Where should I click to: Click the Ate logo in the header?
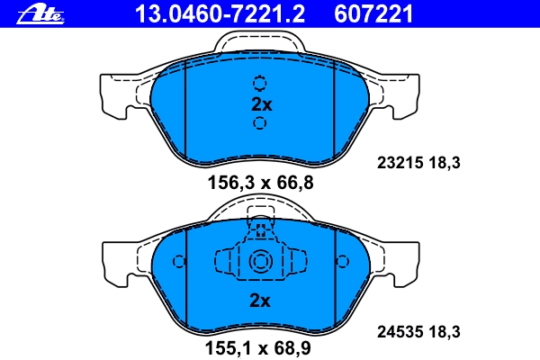tap(40, 14)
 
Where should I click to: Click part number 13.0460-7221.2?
tap(220, 13)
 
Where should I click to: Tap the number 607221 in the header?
tap(373, 13)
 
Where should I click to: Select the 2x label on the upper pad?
tap(261, 104)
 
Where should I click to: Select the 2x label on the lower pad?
tap(260, 301)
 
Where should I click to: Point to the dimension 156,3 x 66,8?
tap(260, 182)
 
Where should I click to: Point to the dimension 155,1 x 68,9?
tap(258, 347)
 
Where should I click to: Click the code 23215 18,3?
tap(418, 162)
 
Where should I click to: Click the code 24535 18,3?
tap(418, 332)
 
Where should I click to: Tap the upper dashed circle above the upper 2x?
tap(260, 84)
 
